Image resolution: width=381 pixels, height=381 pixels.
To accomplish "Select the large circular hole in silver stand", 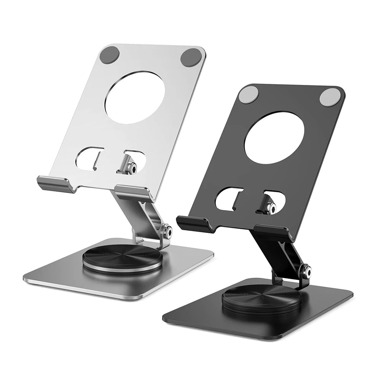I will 135,95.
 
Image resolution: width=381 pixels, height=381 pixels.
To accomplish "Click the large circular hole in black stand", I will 274,139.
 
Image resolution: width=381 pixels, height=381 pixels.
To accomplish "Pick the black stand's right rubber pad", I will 329,97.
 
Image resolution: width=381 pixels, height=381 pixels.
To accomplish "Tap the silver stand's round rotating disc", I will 123,257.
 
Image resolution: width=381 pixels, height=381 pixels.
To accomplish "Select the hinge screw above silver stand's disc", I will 166,230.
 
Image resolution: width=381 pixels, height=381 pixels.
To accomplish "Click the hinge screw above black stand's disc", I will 306,271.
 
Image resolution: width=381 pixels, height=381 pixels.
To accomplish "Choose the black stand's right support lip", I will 273,232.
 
